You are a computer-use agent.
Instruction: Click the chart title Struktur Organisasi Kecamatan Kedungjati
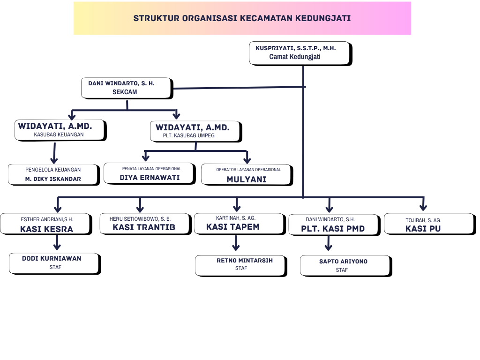tap(242, 18)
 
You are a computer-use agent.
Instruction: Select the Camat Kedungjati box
tap(300, 52)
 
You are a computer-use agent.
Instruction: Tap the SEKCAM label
tap(125, 92)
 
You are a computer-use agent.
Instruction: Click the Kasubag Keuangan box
tap(60, 130)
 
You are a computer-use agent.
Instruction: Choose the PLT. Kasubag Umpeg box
tap(195, 131)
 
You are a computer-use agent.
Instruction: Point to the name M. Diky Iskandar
tap(53, 179)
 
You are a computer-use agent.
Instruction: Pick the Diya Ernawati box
tap(149, 173)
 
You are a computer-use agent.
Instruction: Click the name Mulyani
tap(247, 179)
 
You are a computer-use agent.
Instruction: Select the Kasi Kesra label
tap(46, 229)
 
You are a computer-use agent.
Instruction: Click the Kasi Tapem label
tap(232, 227)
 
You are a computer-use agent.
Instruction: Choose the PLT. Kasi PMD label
tap(333, 229)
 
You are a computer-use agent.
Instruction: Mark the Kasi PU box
tap(429, 224)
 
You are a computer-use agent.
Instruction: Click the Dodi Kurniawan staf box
tap(54, 263)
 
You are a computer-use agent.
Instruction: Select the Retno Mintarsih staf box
tap(240, 265)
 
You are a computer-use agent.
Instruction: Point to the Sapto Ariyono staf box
tap(345, 265)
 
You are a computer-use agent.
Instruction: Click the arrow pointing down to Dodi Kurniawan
tap(57, 243)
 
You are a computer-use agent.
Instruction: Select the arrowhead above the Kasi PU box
tap(423, 206)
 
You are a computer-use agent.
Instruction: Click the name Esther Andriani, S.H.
tap(47, 219)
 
